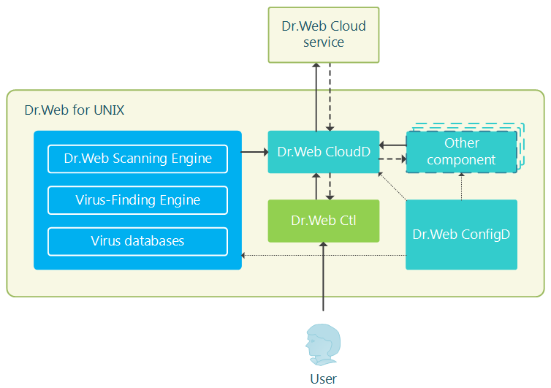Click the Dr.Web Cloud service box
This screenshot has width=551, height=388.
tap(324, 34)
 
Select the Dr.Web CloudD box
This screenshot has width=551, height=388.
tap(324, 152)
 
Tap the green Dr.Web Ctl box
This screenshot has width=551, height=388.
tap(324, 221)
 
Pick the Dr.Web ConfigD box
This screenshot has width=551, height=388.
tap(461, 235)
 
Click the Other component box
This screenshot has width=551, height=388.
tap(461, 152)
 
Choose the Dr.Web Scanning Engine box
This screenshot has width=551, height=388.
tap(137, 159)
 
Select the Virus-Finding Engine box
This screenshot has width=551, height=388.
tap(137, 199)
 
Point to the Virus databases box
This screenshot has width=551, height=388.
tap(137, 241)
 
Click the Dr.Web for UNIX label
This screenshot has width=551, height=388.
tap(75, 111)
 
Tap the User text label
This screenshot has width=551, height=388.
tap(324, 379)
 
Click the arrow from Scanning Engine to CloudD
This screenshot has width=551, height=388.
tap(254, 152)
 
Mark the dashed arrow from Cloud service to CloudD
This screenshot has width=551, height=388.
tap(330, 96)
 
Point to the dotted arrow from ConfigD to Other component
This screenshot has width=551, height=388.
tap(461, 186)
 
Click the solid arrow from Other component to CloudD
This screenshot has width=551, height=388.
tap(392, 145)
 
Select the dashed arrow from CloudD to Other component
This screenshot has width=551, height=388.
tap(392, 159)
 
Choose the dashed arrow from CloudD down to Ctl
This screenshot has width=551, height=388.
tap(330, 186)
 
